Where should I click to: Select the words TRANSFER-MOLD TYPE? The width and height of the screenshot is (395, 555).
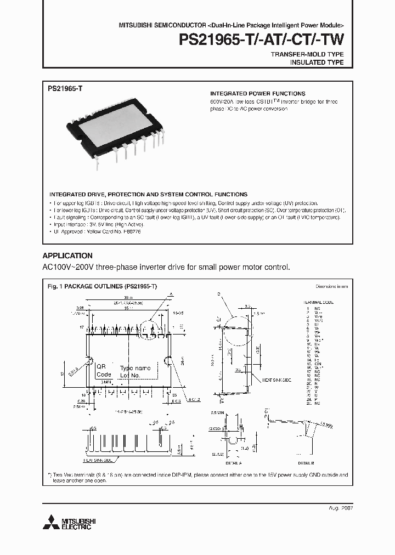click(x=307, y=55)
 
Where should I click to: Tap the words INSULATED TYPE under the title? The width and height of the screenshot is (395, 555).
click(x=317, y=63)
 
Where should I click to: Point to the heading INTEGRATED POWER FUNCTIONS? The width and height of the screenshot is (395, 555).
click(x=258, y=94)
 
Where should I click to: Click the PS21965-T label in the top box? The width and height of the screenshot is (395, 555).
click(x=65, y=88)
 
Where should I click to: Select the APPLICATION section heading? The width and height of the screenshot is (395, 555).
click(x=67, y=256)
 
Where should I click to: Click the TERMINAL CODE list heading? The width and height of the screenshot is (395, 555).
click(x=318, y=302)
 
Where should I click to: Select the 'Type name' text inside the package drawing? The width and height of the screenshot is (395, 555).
click(x=135, y=368)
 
